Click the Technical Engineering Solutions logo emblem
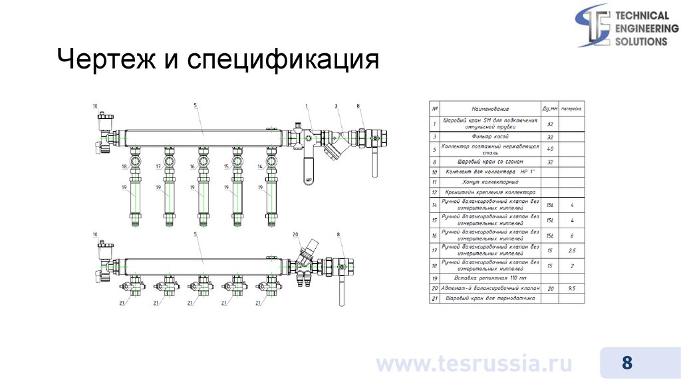click(593, 25)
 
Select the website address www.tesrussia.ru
click(474, 364)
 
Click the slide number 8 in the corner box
click(626, 363)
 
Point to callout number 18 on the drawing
click(124, 166)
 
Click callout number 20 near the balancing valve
click(295, 235)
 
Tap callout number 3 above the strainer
click(337, 106)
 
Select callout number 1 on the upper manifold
click(307, 106)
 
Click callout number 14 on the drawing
click(260, 166)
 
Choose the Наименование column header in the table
click(490, 108)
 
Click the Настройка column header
click(571, 108)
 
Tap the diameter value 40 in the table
click(549, 148)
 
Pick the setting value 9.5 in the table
click(571, 288)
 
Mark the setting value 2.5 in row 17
click(571, 250)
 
